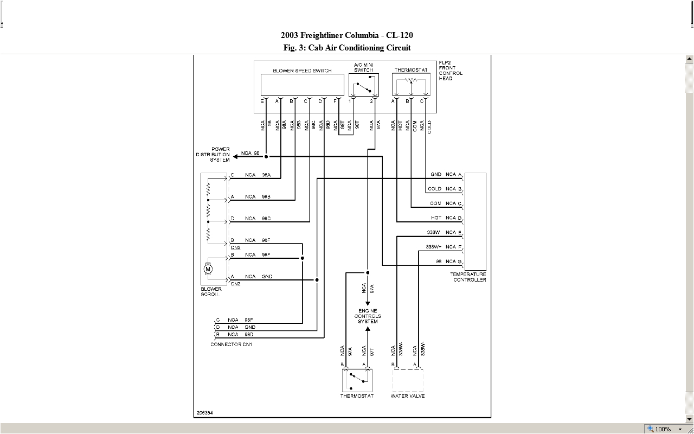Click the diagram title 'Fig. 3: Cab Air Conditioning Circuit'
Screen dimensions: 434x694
[x=347, y=48]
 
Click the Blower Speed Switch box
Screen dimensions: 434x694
[x=302, y=85]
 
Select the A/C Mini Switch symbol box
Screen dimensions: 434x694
[x=363, y=85]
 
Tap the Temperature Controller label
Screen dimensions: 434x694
[x=468, y=277]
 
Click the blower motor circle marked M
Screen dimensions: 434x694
[x=208, y=269]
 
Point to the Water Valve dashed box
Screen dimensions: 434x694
[x=407, y=380]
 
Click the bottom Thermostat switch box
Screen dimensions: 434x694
[x=357, y=380]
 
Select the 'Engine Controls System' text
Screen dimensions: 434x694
[x=368, y=316]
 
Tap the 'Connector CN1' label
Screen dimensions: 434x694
[x=231, y=344]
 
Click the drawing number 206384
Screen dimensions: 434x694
[x=205, y=413]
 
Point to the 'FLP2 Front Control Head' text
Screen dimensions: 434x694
[x=451, y=71]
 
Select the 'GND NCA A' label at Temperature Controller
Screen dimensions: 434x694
[x=445, y=175]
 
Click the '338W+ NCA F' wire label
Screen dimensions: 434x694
[x=444, y=247]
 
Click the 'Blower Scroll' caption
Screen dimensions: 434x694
[x=211, y=292]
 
